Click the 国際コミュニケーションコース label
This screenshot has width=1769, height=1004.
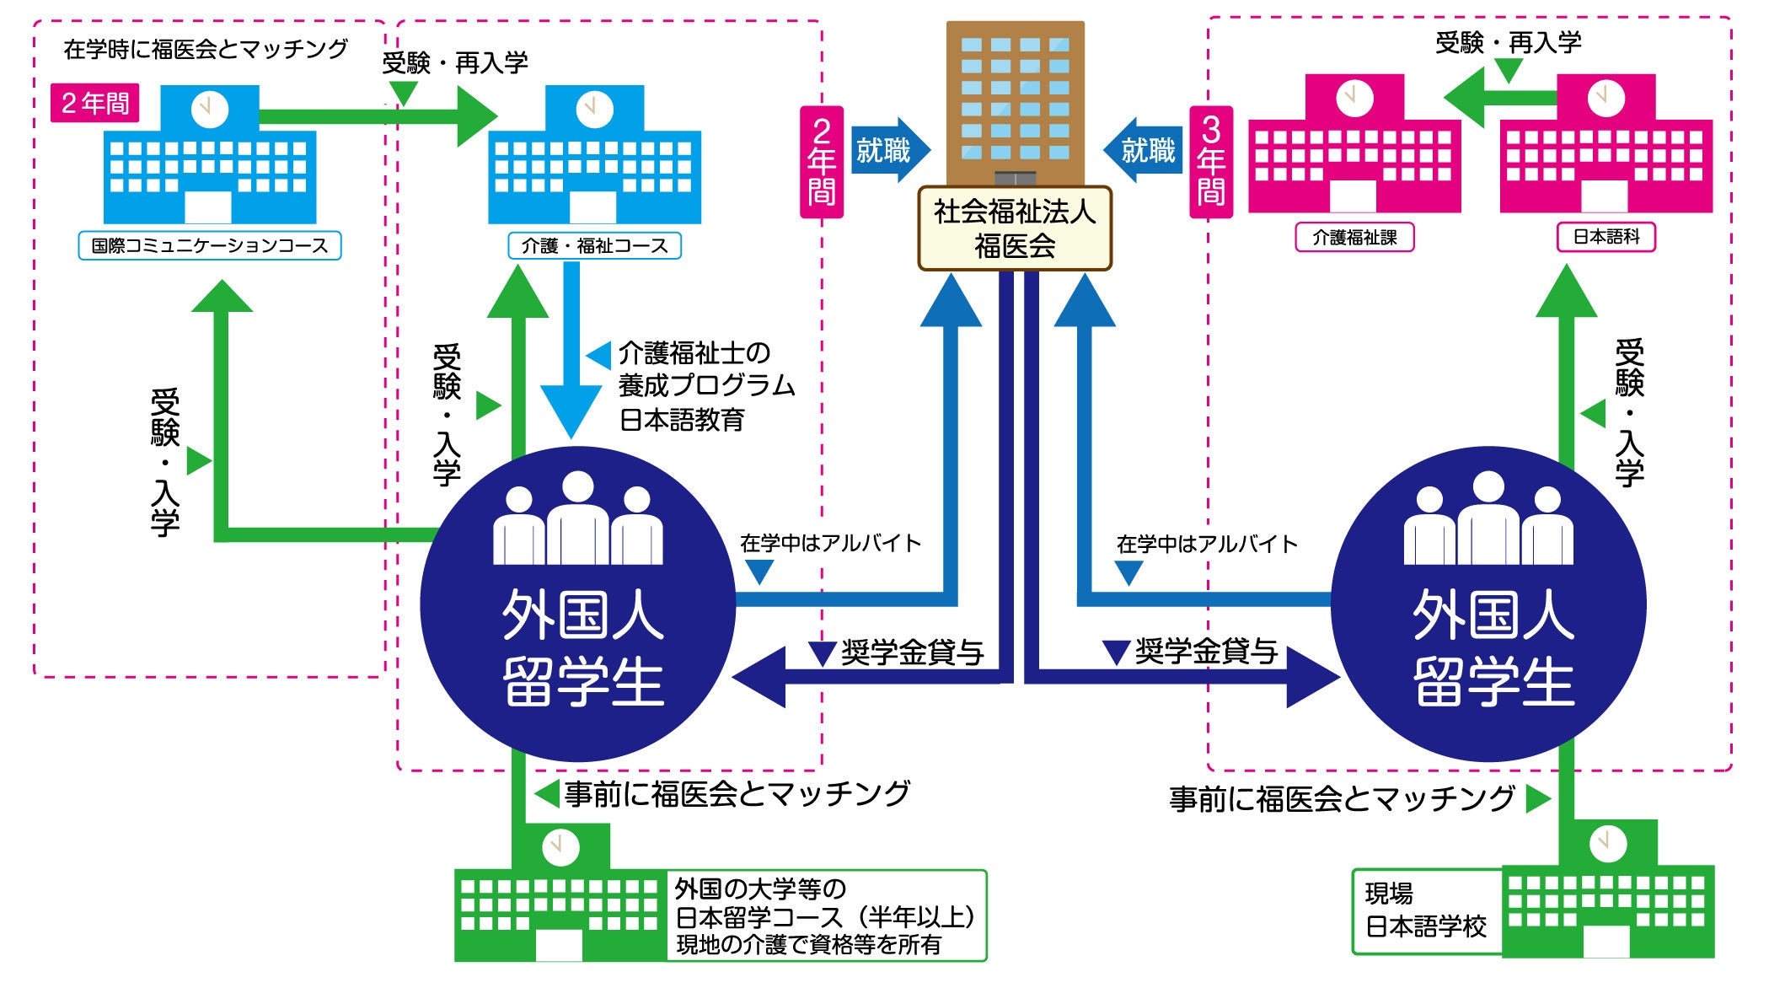point(210,245)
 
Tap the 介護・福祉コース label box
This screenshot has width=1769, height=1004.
point(594,245)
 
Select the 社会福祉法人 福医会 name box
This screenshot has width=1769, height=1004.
point(1015,228)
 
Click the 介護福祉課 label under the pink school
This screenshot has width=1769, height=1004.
point(1354,238)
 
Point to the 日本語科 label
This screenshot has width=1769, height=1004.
point(1606,237)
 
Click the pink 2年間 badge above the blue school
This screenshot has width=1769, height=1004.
point(94,103)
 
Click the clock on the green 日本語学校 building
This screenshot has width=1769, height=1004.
point(1607,842)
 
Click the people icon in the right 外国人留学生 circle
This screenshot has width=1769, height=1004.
point(1488,518)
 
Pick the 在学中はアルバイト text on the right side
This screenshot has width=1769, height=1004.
point(1207,545)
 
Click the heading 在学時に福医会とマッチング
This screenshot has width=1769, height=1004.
point(206,49)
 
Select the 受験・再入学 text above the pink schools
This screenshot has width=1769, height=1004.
point(1509,42)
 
